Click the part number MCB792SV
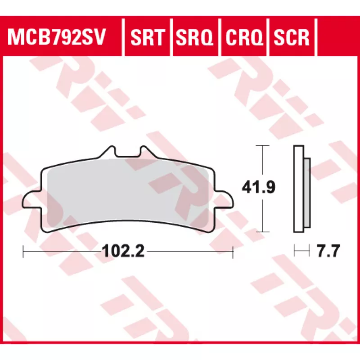click(x=57, y=37)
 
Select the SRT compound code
click(x=148, y=37)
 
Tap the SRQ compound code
click(x=194, y=37)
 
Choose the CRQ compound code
click(x=244, y=37)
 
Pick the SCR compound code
click(x=291, y=37)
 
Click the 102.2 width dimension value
click(x=123, y=251)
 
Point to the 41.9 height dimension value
click(x=258, y=187)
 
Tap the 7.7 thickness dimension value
click(x=328, y=251)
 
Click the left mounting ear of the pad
click(x=32, y=200)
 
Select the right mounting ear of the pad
click(x=224, y=200)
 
